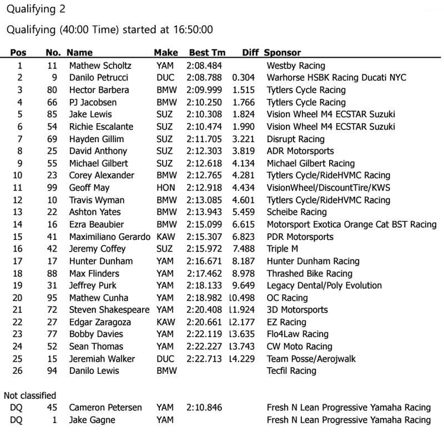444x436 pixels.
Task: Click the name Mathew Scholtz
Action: coord(100,66)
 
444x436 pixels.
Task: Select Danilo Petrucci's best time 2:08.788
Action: coord(204,78)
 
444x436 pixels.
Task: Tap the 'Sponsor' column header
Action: coord(282,53)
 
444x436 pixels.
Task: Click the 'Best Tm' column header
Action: coord(207,53)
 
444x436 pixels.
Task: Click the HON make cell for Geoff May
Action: coord(165,188)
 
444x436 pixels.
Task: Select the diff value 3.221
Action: coord(244,139)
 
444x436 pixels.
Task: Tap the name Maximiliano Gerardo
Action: coord(109,237)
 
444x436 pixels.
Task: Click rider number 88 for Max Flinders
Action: coord(52,273)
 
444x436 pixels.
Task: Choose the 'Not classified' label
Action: coord(30,395)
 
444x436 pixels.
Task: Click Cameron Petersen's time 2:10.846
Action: coord(204,408)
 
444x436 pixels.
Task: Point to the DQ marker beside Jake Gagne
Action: coord(16,420)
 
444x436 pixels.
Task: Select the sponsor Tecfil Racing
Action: coord(291,371)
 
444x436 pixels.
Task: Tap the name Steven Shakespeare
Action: coord(109,310)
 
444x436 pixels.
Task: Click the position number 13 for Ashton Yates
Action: coord(19,212)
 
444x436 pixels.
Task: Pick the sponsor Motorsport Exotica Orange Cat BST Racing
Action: coord(351,224)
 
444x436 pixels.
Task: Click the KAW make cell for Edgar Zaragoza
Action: coord(165,322)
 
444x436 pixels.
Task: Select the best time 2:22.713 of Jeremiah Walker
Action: coord(204,359)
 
